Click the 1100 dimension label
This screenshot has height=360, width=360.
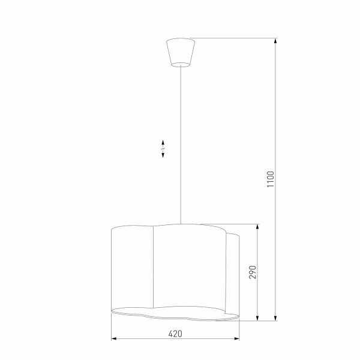pos(271,181)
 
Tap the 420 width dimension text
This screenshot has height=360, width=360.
pos(175,334)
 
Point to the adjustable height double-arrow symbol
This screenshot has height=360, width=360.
pos(163,149)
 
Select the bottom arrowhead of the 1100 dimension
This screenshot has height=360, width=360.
pos(276,317)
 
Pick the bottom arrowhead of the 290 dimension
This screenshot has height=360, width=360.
pos(258,317)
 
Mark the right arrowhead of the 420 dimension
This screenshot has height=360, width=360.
pos(239,340)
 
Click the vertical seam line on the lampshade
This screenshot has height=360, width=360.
pos(155,270)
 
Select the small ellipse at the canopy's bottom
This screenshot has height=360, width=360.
pos(180,64)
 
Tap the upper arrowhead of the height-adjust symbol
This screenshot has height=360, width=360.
pos(163,142)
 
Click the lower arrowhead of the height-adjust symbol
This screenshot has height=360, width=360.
pos(163,156)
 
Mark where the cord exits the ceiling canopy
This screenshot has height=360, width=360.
pos(180,66)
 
